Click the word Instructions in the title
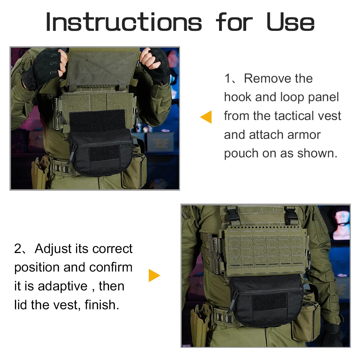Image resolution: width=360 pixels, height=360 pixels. coord(124,22)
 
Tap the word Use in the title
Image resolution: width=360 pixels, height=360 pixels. coord(290,22)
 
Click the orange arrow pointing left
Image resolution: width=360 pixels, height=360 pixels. coord(206,117)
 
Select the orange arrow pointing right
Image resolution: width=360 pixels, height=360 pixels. coord(154,275)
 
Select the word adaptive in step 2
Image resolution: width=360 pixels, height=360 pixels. coord(63,286)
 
